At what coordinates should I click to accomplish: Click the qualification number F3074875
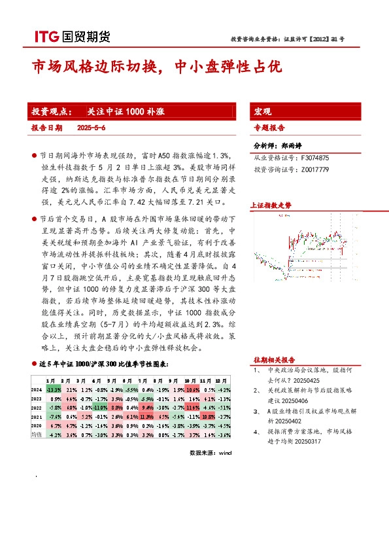315,158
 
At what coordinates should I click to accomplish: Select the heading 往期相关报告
274,360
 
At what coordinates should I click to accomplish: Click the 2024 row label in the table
37,389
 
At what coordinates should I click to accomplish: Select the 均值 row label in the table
37,434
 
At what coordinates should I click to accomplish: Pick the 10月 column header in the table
190,380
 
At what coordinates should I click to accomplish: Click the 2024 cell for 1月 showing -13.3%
54,389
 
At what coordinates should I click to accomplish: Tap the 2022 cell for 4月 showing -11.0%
99,407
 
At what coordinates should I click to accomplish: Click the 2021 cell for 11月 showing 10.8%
208,416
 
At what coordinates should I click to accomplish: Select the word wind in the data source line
225,452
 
